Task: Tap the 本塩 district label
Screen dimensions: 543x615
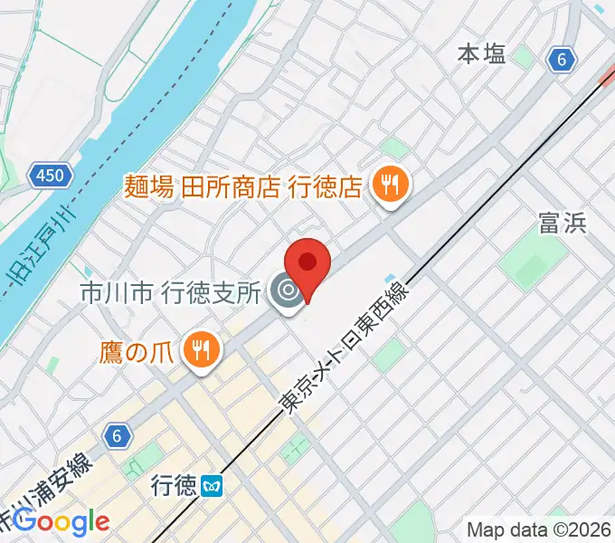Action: click(481, 55)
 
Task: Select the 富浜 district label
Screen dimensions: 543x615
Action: click(563, 223)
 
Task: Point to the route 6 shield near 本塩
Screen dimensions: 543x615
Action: click(562, 61)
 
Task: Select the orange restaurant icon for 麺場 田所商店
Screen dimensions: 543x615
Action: click(392, 186)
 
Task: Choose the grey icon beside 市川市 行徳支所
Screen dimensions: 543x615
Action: click(289, 292)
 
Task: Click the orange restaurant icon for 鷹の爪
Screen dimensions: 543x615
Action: click(199, 347)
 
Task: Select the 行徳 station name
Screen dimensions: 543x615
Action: click(175, 488)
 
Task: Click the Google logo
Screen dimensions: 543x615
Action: click(61, 522)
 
